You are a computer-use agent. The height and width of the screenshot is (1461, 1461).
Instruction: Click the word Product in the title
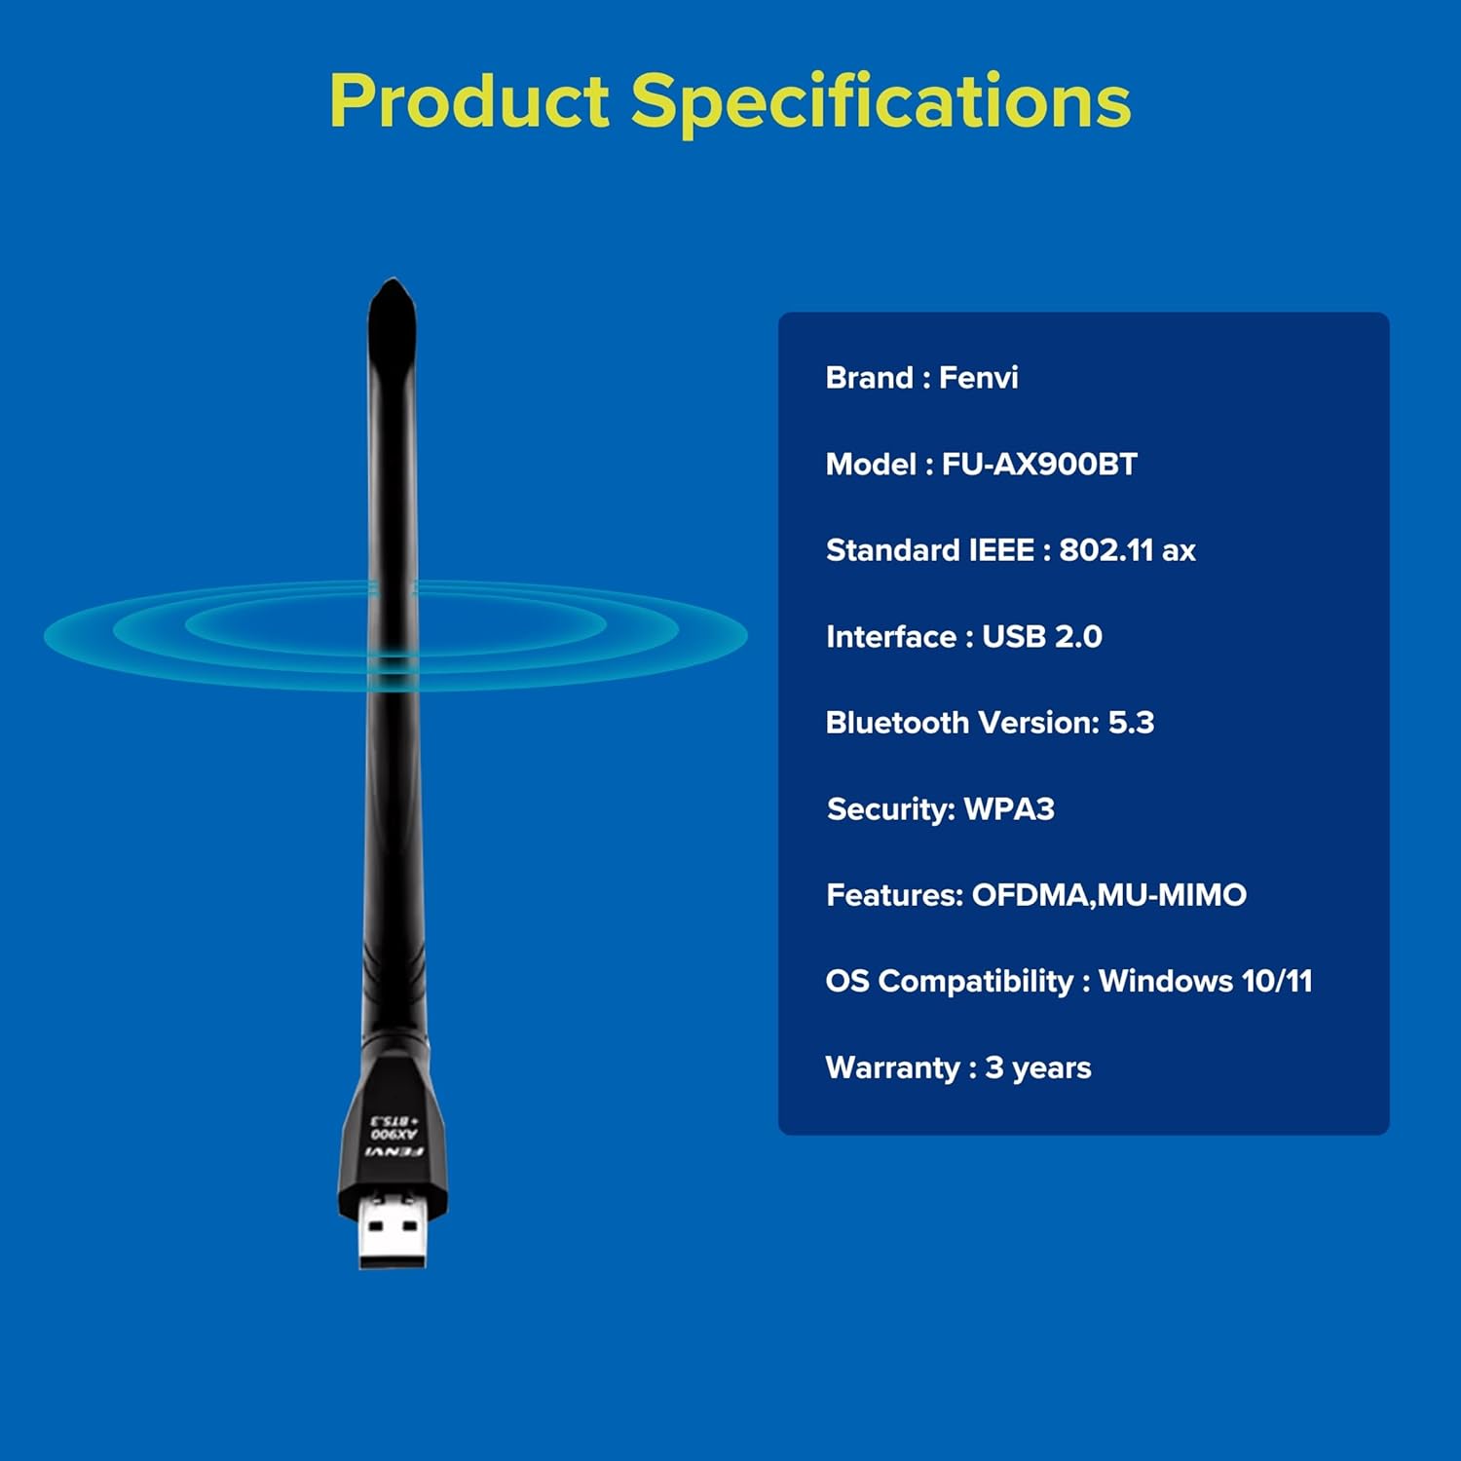pos(469,101)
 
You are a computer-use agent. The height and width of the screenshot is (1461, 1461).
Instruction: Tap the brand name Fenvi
pos(978,378)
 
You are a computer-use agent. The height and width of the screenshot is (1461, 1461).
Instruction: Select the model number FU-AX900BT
pos(1039,465)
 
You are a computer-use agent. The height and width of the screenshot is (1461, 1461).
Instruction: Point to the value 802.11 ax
pos(1127,550)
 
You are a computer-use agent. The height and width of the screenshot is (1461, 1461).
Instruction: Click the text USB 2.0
pos(1041,637)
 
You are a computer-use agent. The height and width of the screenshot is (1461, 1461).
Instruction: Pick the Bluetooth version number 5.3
pos(1131,723)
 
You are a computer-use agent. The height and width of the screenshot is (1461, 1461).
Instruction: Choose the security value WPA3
pos(1009,809)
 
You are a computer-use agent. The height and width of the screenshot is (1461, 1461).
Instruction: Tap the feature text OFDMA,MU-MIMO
pos(1108,895)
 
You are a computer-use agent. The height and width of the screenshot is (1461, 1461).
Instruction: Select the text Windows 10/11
pos(1205,981)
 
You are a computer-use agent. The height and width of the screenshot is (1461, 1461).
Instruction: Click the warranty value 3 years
pos(1037,1068)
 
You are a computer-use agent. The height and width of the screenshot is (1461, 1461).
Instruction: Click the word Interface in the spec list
pos(890,637)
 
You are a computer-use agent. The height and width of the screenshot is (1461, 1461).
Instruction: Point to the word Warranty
pos(892,1068)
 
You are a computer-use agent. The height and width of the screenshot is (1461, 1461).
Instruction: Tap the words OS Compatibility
pos(949,981)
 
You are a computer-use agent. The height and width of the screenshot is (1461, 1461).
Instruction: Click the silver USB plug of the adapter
pos(393,1233)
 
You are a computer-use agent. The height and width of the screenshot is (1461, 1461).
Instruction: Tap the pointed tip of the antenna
pos(393,288)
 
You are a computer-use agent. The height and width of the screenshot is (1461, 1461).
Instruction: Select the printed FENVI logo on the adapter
pos(393,1152)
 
